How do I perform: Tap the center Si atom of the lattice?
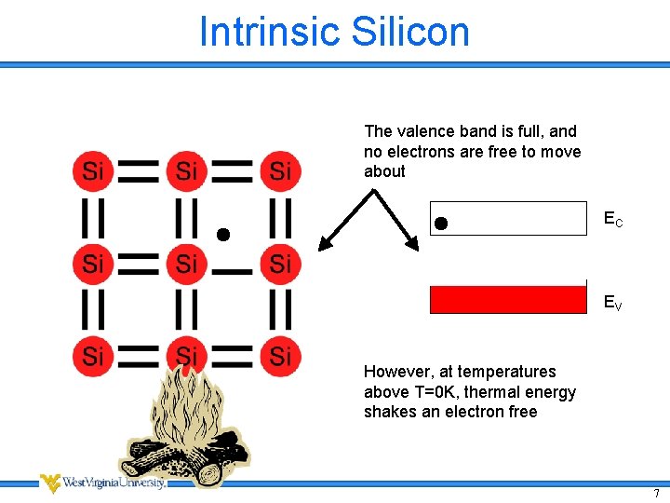click(x=186, y=265)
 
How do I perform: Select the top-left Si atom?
click(x=92, y=170)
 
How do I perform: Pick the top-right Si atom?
click(x=280, y=170)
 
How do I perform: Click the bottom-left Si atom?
click(x=92, y=356)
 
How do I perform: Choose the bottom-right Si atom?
click(x=280, y=356)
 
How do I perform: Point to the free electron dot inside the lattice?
click(x=223, y=235)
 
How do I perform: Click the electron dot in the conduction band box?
click(x=441, y=223)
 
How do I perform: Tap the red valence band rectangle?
click(x=508, y=299)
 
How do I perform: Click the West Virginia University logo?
click(x=102, y=483)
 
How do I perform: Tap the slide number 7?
click(x=656, y=492)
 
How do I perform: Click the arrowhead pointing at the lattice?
click(x=325, y=245)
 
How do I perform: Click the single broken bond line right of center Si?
click(x=234, y=271)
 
